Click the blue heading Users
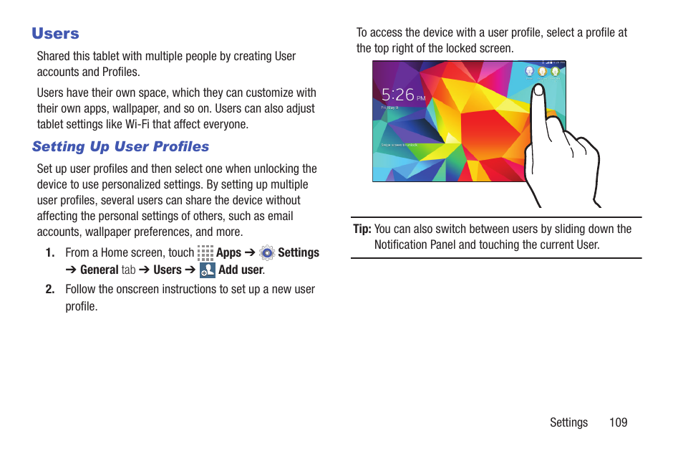[55, 34]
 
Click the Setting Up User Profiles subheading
[120, 146]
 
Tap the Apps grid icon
[205, 252]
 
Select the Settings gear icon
[267, 252]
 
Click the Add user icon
[208, 270]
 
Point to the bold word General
[100, 270]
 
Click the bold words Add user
[241, 270]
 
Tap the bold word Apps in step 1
[228, 252]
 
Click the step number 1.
[49, 252]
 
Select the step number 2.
[49, 290]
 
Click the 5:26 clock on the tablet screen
[398, 95]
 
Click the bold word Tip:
[362, 229]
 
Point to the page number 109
[618, 422]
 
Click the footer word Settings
[568, 422]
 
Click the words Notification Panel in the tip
[415, 245]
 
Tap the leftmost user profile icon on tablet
[529, 72]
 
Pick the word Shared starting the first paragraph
[54, 56]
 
